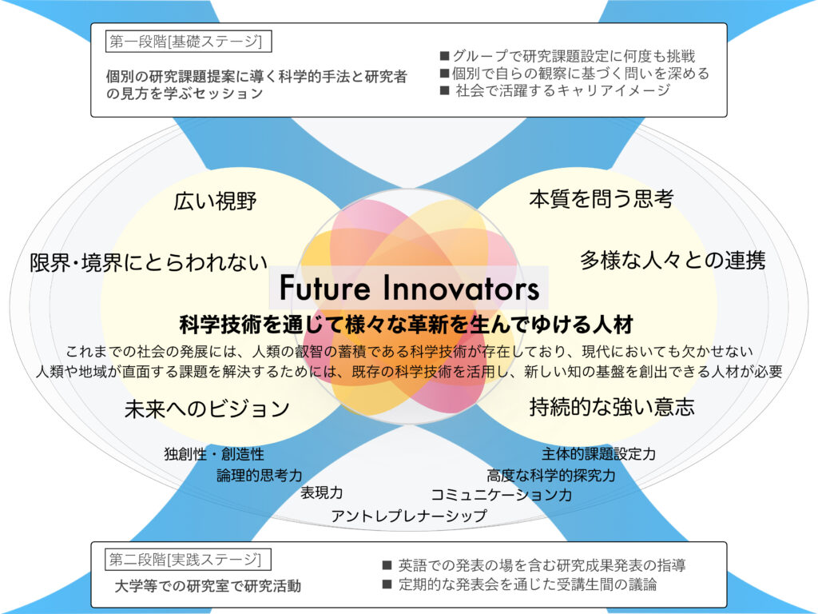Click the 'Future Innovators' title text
(x=409, y=288)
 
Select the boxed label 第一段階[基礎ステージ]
(x=189, y=42)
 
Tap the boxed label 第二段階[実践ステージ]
(x=188, y=560)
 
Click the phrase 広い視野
(x=215, y=201)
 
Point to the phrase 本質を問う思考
(x=601, y=199)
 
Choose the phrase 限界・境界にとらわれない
(x=149, y=262)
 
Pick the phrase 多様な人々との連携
(x=673, y=260)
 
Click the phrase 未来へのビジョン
(x=207, y=409)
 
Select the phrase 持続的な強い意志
(x=612, y=407)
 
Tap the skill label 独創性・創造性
(x=214, y=454)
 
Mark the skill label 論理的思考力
(x=260, y=475)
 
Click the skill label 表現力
(x=321, y=492)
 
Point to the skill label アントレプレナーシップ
(x=409, y=516)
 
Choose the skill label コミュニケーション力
(x=502, y=494)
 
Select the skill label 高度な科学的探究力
(x=551, y=475)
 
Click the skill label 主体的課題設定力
(x=598, y=454)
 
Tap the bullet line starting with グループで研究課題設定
(x=568, y=56)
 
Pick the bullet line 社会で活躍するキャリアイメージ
(x=555, y=90)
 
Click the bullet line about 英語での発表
(x=534, y=565)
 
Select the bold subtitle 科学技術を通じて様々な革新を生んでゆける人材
(x=407, y=325)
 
